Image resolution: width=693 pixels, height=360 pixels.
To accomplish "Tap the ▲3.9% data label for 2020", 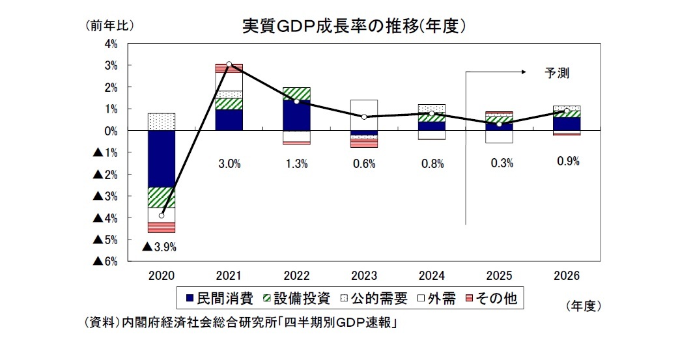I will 160,247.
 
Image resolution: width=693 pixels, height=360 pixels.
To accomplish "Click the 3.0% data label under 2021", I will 229,164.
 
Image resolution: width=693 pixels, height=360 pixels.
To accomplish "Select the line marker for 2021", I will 229,64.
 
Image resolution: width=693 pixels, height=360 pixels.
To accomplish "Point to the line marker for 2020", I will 162,215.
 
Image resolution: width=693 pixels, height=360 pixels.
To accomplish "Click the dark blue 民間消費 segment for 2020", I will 162,159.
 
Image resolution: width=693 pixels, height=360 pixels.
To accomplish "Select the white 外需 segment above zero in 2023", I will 363,115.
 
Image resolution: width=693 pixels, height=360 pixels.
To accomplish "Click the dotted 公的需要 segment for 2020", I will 162,122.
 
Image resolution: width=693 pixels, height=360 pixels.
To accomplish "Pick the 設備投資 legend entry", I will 292,299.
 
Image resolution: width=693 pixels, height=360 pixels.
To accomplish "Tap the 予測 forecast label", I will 557,73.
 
